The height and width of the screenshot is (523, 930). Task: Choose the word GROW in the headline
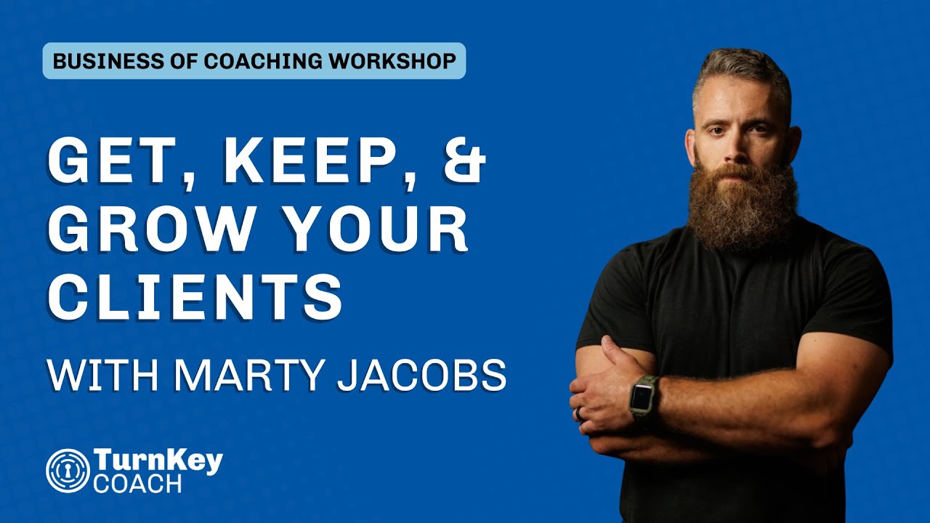[x=142, y=228]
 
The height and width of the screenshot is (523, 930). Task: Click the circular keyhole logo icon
[x=68, y=470]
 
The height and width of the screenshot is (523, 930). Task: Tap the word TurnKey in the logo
[x=158, y=461]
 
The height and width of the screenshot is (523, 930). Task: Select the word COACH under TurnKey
[x=137, y=483]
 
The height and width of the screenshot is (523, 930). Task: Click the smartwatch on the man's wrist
[x=642, y=398]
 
